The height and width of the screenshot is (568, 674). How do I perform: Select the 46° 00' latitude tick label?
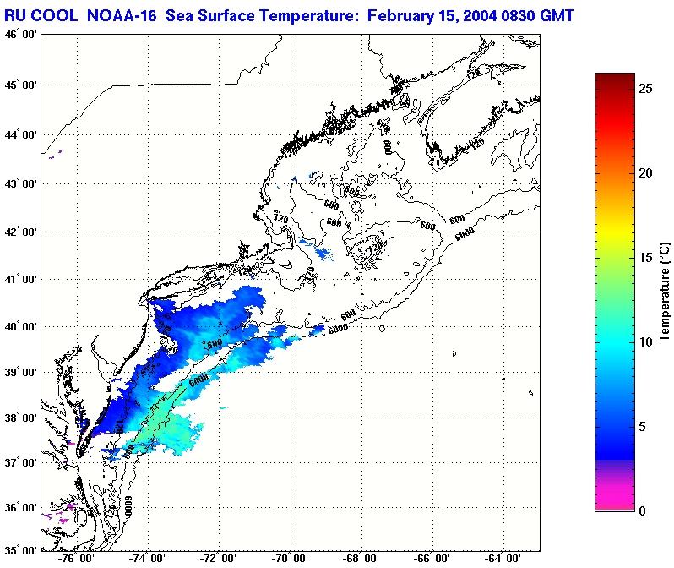(x=20, y=34)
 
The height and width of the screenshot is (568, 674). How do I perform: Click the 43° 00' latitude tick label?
(x=20, y=183)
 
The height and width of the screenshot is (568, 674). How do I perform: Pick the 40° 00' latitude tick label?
(x=20, y=326)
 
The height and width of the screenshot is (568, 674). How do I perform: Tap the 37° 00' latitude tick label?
(x=20, y=463)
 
